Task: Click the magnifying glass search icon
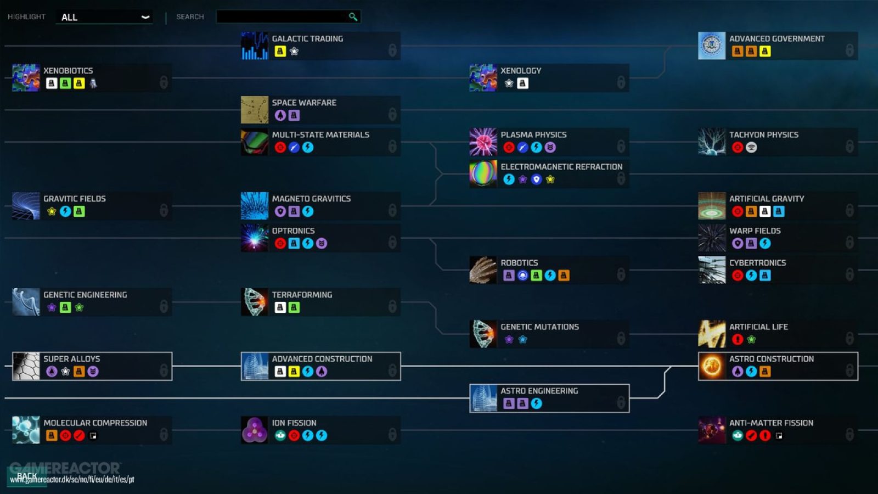[x=353, y=17]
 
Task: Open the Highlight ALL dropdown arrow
[x=145, y=17]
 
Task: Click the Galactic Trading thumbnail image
[x=255, y=46]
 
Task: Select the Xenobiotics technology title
[x=68, y=71]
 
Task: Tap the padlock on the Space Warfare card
[x=392, y=114]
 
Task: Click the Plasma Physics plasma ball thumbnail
[x=483, y=142]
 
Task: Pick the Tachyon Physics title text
[x=763, y=135]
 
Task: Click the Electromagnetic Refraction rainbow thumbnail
[x=483, y=173]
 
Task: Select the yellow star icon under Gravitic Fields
[x=52, y=212]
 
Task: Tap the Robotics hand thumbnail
[x=483, y=270]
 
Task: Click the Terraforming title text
[x=302, y=295]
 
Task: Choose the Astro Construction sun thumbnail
[x=712, y=366]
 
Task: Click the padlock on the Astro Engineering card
[x=621, y=402]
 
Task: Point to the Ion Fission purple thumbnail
[x=255, y=430]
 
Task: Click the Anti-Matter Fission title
[x=771, y=423]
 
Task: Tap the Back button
[x=27, y=476]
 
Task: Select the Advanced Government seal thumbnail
[x=712, y=46]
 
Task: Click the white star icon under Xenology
[x=509, y=83]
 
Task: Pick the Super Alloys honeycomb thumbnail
[x=26, y=366]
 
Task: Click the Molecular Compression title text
[x=95, y=423]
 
